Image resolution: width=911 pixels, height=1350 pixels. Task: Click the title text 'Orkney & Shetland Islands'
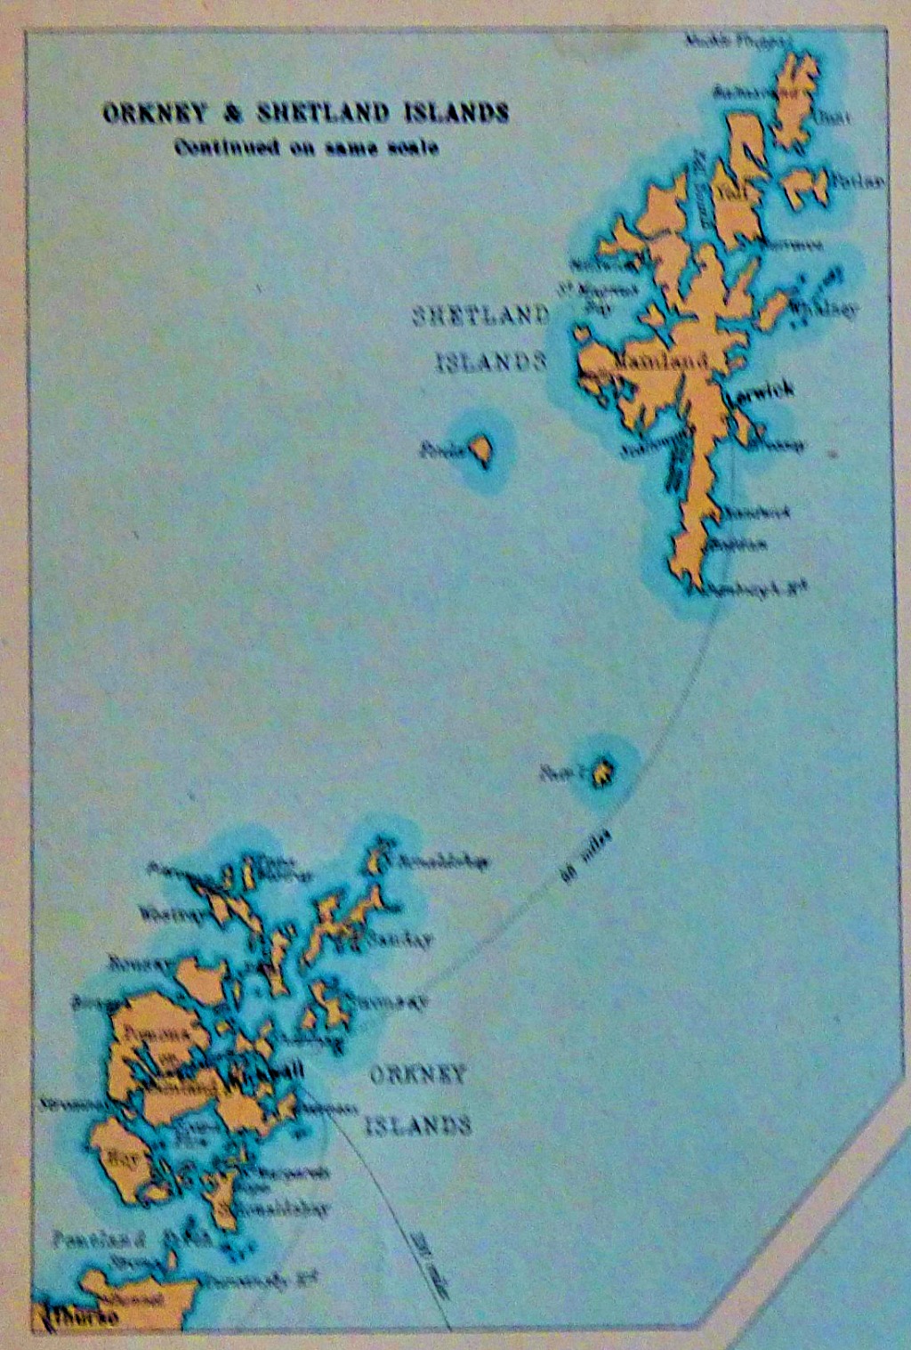point(305,113)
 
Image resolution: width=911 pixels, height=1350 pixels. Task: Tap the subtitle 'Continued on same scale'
point(306,148)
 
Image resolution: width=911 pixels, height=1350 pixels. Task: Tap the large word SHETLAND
point(481,316)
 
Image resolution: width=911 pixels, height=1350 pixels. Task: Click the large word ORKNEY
point(417,1074)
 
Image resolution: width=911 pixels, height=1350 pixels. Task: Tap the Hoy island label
point(118,1160)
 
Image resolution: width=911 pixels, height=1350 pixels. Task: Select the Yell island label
point(731,188)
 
